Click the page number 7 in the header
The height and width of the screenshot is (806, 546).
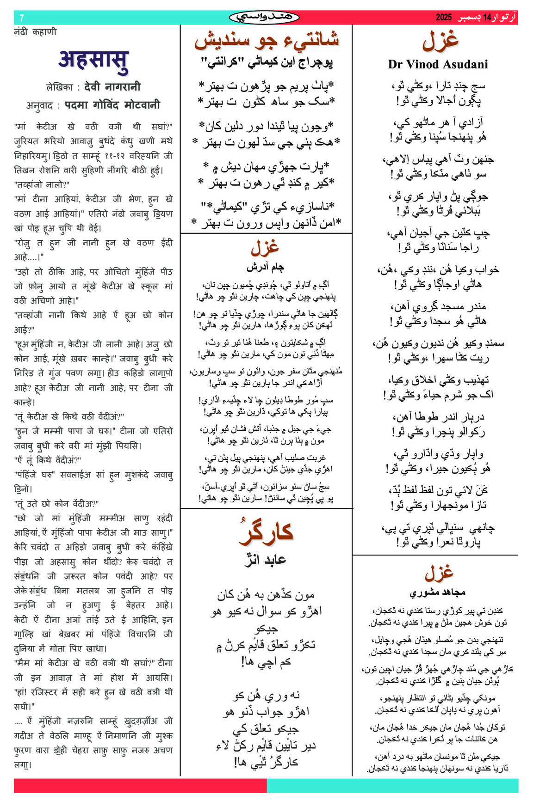(21, 18)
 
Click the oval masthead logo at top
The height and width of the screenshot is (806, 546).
(264, 18)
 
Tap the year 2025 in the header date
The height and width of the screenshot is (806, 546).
(443, 18)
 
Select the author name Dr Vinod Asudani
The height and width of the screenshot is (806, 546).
(438, 64)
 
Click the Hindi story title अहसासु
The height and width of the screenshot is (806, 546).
(93, 61)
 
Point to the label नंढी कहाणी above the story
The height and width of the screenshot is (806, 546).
(35, 32)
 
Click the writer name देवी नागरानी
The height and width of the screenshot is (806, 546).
(112, 86)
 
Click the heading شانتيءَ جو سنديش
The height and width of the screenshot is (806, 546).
(267, 40)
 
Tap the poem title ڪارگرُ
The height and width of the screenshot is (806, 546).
(267, 532)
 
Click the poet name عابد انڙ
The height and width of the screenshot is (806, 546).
(266, 560)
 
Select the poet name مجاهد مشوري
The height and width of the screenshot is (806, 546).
(437, 592)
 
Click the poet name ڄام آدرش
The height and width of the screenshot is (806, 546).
(265, 267)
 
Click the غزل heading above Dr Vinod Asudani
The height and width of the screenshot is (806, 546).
(440, 41)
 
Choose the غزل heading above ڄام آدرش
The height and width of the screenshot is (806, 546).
(265, 248)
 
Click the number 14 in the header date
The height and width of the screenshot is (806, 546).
(487, 18)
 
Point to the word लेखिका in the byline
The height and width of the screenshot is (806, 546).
(60, 87)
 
